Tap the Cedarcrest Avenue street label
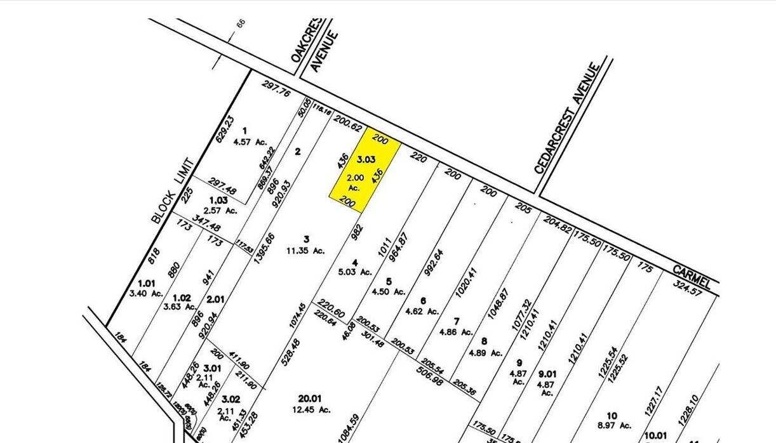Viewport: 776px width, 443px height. click(x=567, y=118)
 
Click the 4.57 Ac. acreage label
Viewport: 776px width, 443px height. click(x=252, y=142)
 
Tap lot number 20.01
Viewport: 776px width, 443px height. click(x=310, y=399)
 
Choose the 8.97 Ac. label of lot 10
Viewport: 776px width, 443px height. click(x=615, y=425)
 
